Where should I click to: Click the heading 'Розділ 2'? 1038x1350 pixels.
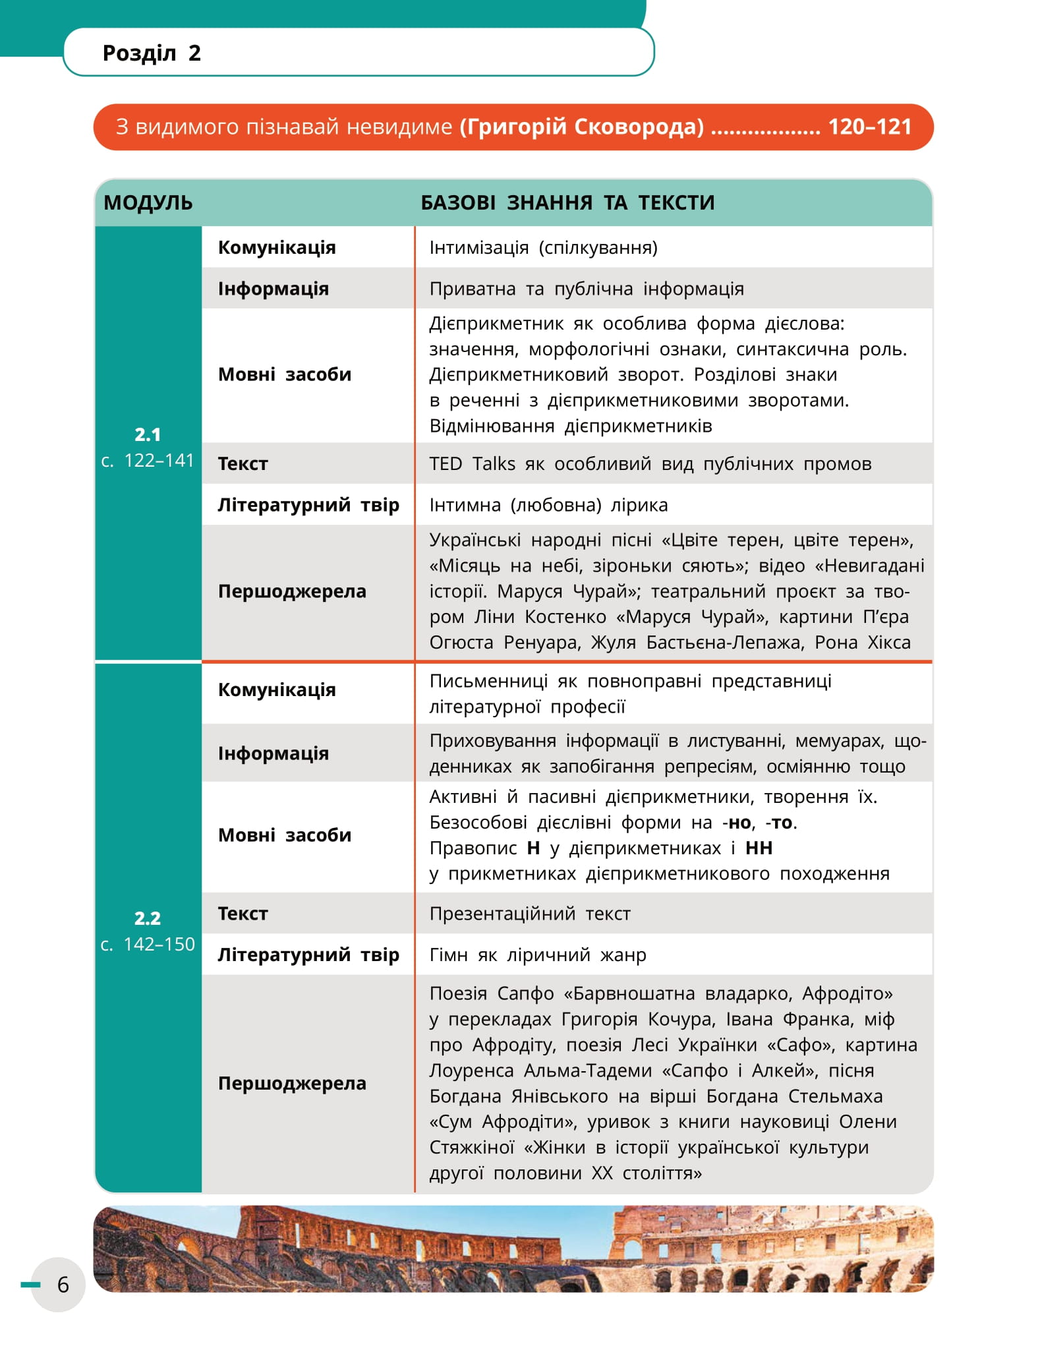152,53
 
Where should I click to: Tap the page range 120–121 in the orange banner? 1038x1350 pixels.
869,127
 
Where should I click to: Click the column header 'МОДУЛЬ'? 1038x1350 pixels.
148,202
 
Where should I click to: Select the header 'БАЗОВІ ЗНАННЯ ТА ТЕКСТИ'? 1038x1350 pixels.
567,202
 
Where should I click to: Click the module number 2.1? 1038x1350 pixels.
148,434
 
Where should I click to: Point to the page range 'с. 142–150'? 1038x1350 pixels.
148,944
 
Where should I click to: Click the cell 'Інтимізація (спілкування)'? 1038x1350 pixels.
543,248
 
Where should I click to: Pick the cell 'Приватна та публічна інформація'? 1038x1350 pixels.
587,289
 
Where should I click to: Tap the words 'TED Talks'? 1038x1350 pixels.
472,463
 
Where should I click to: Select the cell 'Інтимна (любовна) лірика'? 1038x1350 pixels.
548,505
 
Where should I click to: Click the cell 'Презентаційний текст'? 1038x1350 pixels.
530,914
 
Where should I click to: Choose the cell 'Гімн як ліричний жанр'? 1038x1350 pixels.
538,954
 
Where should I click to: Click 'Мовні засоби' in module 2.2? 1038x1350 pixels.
285,835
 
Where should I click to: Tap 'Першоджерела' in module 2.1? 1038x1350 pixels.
292,591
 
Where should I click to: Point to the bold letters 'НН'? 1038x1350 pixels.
759,848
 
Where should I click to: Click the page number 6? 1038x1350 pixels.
63,1284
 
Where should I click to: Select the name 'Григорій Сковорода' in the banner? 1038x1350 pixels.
582,127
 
